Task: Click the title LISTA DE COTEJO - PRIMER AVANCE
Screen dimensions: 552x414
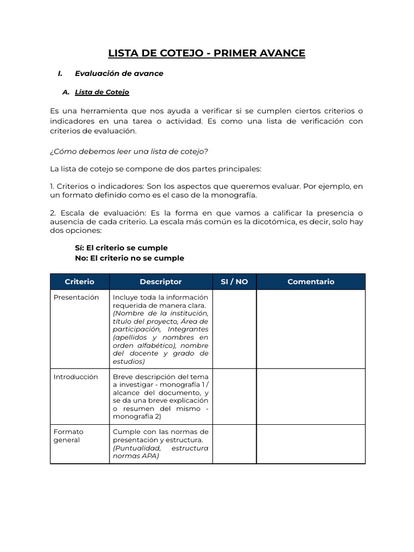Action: point(206,53)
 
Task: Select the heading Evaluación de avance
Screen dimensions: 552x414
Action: point(119,73)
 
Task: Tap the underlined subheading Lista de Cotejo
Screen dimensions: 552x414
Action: point(102,92)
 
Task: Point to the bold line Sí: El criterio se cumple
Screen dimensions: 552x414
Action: point(121,248)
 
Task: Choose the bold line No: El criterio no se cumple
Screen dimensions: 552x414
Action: point(129,258)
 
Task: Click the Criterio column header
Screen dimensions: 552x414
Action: point(79,281)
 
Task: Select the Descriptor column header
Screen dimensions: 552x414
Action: point(161,281)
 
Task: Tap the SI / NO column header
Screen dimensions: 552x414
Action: point(234,281)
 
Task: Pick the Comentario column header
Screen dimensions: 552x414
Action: point(310,281)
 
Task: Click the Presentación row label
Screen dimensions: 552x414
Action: point(76,298)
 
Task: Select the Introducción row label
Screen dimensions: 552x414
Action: point(75,377)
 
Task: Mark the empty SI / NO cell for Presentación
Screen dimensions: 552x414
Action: point(234,329)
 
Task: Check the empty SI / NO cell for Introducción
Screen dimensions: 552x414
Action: point(234,396)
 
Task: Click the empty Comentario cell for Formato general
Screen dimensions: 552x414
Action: point(310,444)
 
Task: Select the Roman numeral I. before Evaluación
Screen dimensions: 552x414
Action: point(60,73)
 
